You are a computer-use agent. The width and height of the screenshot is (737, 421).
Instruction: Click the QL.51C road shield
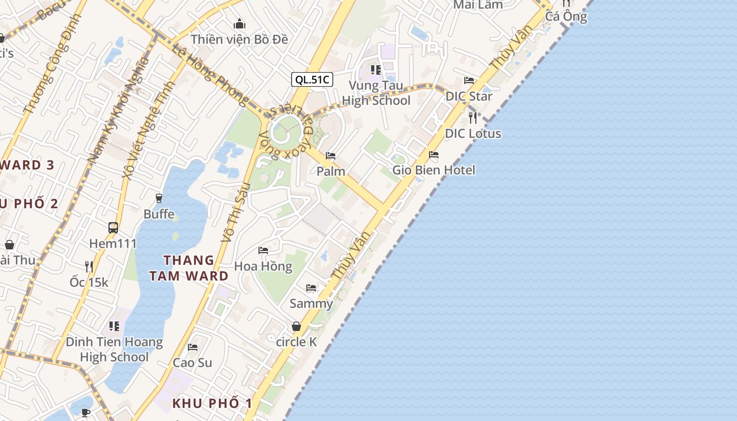point(312,79)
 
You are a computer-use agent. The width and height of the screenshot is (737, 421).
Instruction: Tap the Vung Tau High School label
point(376,93)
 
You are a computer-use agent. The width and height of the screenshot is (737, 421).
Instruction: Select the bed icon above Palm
point(331,156)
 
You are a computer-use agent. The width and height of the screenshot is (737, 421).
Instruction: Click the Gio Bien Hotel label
point(434,170)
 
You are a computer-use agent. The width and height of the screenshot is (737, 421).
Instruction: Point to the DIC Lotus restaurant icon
point(473,117)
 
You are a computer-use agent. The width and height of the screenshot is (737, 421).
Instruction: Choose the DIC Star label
point(469,96)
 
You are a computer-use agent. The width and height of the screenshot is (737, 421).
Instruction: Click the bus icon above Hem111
point(113,228)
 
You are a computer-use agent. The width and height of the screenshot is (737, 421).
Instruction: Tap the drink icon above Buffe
point(159,198)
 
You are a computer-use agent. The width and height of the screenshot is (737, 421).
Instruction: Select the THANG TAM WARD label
point(188,268)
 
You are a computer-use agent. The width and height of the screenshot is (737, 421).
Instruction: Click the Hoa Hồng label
point(263,266)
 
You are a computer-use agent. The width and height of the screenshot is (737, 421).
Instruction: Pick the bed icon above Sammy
point(311,288)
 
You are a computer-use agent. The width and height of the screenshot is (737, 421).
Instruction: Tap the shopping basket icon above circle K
point(296,326)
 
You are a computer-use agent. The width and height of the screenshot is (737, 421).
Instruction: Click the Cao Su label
point(193,363)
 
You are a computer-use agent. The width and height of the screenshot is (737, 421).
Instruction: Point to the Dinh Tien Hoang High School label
point(114,349)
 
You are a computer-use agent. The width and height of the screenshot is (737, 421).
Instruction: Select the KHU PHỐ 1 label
point(212,404)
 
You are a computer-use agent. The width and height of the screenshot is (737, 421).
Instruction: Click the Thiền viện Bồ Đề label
point(240,39)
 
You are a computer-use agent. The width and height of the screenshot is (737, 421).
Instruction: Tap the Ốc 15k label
point(89,282)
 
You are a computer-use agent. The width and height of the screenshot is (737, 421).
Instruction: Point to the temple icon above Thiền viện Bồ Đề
point(240,24)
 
